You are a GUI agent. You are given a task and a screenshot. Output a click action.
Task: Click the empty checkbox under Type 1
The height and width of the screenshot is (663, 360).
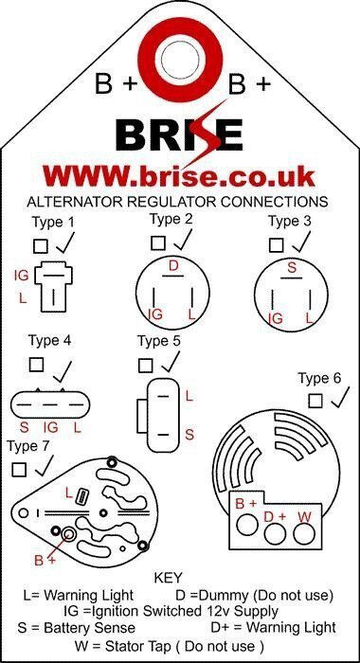pyautogui.click(x=41, y=246)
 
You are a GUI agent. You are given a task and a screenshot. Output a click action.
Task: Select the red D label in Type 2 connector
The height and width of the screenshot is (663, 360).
pyautogui.click(x=173, y=266)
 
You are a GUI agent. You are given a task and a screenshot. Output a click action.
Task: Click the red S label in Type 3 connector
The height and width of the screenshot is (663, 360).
pyautogui.click(x=292, y=268)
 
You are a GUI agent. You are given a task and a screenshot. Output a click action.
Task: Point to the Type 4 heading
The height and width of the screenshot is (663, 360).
pyautogui.click(x=49, y=340)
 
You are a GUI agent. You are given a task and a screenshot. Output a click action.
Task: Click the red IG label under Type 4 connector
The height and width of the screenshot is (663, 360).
pyautogui.click(x=51, y=427)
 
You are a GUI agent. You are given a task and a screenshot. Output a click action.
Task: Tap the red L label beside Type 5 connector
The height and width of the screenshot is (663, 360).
pyautogui.click(x=189, y=396)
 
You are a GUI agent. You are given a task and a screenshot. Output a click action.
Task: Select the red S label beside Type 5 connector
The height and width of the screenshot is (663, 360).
pyautogui.click(x=189, y=434)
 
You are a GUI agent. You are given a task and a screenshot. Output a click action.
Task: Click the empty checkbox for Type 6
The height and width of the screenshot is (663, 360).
pyautogui.click(x=315, y=401)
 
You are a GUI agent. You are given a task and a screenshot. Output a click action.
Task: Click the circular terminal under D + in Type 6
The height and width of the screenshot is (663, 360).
pyautogui.click(x=276, y=533)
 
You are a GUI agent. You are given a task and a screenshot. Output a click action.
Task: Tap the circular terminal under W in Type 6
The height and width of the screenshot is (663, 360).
pyautogui.click(x=304, y=533)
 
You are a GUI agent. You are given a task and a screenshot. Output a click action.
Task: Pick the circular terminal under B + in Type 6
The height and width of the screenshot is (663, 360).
pyautogui.click(x=247, y=525)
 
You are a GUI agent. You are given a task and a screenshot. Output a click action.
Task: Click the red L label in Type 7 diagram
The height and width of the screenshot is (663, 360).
pyautogui.click(x=69, y=493)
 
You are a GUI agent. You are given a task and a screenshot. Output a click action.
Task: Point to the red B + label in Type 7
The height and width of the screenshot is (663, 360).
pyautogui.click(x=45, y=561)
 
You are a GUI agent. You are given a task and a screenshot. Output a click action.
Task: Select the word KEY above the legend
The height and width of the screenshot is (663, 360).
pyautogui.click(x=168, y=577)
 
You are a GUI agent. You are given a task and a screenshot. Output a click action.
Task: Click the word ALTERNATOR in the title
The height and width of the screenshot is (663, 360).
pyautogui.click(x=75, y=201)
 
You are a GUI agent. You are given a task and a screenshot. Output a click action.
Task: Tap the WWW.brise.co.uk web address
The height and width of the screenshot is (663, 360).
pyautogui.click(x=179, y=176)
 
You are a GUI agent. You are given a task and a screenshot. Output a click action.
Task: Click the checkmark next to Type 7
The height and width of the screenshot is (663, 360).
pyautogui.click(x=45, y=465)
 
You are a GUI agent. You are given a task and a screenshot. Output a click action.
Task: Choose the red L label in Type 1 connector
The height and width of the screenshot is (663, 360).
pyautogui.click(x=23, y=298)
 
